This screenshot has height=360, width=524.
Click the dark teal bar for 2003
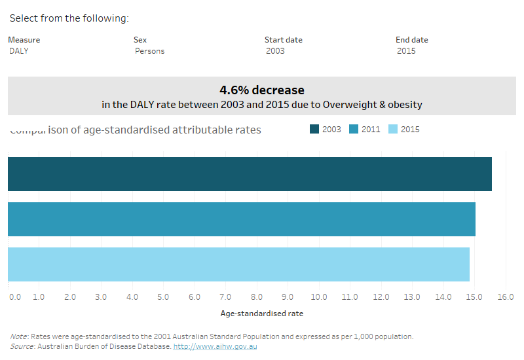point(250,174)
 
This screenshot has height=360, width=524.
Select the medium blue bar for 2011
point(242,219)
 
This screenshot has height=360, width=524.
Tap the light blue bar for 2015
point(238,264)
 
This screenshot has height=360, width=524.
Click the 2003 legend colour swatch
point(314,130)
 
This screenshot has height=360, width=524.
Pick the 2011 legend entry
point(364,130)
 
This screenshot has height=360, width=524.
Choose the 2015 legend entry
point(403,130)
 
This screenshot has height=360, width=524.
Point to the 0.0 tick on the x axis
point(14,297)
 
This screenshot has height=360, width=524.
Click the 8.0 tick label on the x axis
point(257,297)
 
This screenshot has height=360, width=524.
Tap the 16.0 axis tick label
point(505,297)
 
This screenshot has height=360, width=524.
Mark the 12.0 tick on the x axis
point(381,297)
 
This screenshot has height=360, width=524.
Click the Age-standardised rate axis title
point(261,314)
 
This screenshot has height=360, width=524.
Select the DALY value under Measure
point(19,51)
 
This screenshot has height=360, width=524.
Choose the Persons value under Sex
point(149,51)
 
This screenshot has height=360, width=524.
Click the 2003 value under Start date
point(275,51)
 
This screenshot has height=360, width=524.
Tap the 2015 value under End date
point(406,51)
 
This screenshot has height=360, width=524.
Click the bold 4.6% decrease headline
point(261,90)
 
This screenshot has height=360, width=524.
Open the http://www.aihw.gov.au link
point(215,346)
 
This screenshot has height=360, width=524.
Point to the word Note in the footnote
point(19,336)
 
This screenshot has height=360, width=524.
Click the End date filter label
point(411,40)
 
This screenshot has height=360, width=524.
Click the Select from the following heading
point(69,18)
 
